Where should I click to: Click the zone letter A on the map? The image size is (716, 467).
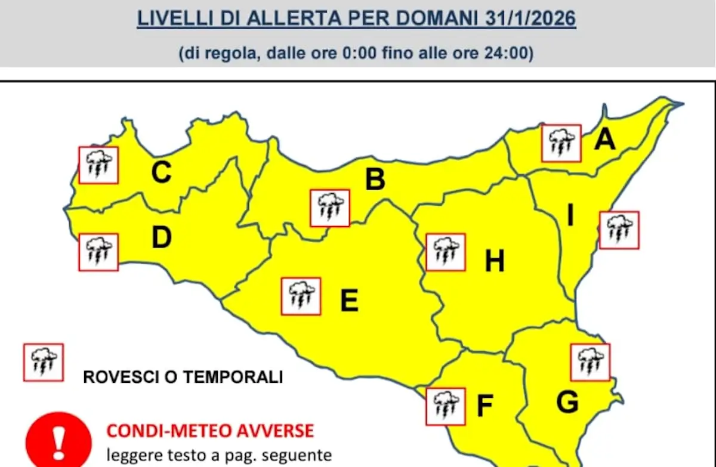coord(604,140)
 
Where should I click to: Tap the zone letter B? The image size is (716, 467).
coord(375,180)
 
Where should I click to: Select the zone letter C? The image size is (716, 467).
coord(161,173)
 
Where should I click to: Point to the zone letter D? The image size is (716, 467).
coord(161,238)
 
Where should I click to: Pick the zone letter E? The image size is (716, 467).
coord(349,301)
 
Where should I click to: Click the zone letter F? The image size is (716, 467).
coord(484,407)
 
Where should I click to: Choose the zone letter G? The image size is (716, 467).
coord(567,403)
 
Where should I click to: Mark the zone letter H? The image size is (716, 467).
coord(494,261)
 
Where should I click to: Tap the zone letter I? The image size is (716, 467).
coord(570,217)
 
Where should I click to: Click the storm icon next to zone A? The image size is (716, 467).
coord(561,143)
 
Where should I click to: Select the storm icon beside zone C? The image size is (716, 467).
coord(98,165)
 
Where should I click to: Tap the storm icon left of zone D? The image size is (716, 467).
coord(98,252)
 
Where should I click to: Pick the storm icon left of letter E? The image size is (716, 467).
coord(301,296)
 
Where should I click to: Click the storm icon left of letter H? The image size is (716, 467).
coord(445,252)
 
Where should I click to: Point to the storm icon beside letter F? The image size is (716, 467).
coord(445,407)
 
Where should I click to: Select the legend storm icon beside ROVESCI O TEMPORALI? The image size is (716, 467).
coord(43,362)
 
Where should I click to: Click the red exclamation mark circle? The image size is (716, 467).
coord(58,440)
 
